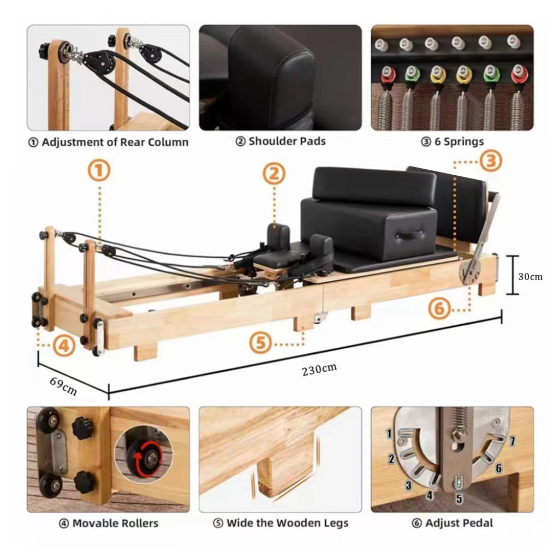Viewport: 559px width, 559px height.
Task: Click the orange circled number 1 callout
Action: (x=100, y=171)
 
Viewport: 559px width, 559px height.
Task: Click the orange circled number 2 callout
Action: (x=274, y=174)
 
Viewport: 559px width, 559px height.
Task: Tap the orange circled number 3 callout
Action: (x=491, y=161)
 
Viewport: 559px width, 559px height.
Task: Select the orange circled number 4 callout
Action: (x=64, y=345)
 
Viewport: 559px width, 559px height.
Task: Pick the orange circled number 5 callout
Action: (x=261, y=343)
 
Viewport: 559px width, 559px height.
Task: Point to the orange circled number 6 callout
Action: (x=439, y=309)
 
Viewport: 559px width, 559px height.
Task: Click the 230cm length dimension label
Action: (x=319, y=368)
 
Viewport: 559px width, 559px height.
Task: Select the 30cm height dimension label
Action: (x=530, y=276)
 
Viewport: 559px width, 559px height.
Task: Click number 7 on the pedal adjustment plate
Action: (x=513, y=440)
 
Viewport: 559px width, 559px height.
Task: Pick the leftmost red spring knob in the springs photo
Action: (x=388, y=74)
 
